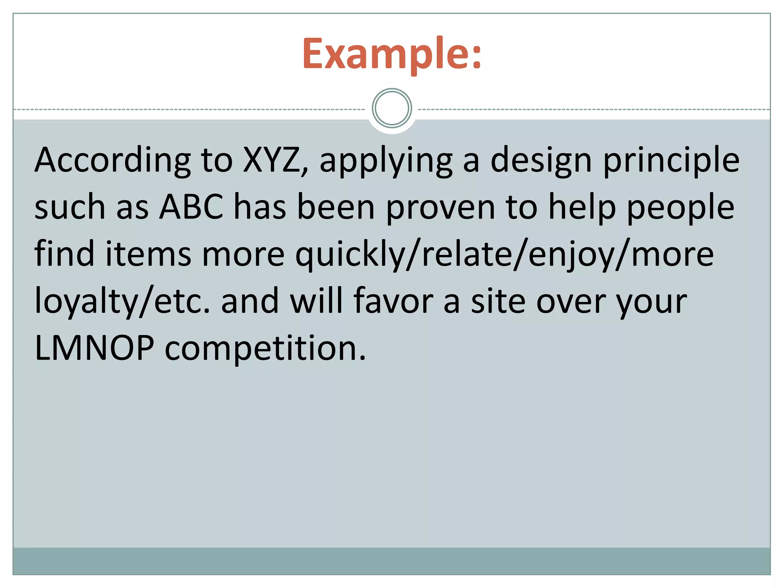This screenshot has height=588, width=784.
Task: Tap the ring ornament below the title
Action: tap(392, 108)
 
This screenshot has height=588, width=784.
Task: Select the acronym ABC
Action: tap(191, 207)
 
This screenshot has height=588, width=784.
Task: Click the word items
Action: tap(148, 255)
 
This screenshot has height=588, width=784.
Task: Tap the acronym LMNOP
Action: tap(95, 348)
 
